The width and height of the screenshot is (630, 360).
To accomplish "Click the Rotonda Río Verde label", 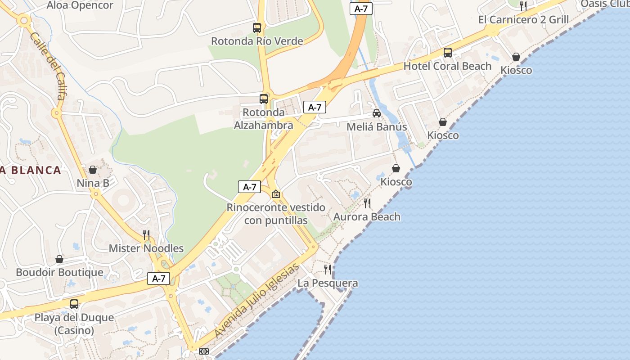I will pos(257,41).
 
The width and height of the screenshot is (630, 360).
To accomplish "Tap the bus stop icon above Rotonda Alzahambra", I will pos(264,99).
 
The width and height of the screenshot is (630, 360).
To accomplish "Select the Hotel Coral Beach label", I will pos(447,66).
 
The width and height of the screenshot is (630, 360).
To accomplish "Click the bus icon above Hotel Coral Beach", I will pos(448,53).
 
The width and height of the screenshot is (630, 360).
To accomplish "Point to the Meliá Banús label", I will pos(377,127).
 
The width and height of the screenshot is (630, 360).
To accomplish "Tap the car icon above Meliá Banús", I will pos(377,113).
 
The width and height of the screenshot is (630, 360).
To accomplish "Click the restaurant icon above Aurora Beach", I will pos(367,203).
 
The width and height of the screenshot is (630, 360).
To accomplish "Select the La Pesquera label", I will pos(328,283).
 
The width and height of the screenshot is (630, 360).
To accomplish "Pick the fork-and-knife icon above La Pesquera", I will pos(328,270).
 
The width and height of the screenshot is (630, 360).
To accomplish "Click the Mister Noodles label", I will pos(146,248).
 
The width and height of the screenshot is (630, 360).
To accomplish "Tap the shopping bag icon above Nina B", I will pos(93,170).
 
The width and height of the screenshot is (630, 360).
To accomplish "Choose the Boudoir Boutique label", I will pos(59,272).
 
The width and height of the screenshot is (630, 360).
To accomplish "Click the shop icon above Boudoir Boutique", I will pos(59,259).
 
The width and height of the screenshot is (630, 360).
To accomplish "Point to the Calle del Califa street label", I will pos(48,66).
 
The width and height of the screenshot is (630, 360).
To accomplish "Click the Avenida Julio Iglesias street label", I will pos(257,301).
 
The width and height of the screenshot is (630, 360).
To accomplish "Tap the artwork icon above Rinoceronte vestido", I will pos(276,194).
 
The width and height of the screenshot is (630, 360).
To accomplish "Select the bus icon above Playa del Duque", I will pos(74,304).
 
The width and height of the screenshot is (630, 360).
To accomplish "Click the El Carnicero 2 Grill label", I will pos(523,20).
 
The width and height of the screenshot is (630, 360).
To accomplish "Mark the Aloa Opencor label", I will pos(80,5).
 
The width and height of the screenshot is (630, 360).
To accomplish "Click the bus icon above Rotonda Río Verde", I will pos(257,28).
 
